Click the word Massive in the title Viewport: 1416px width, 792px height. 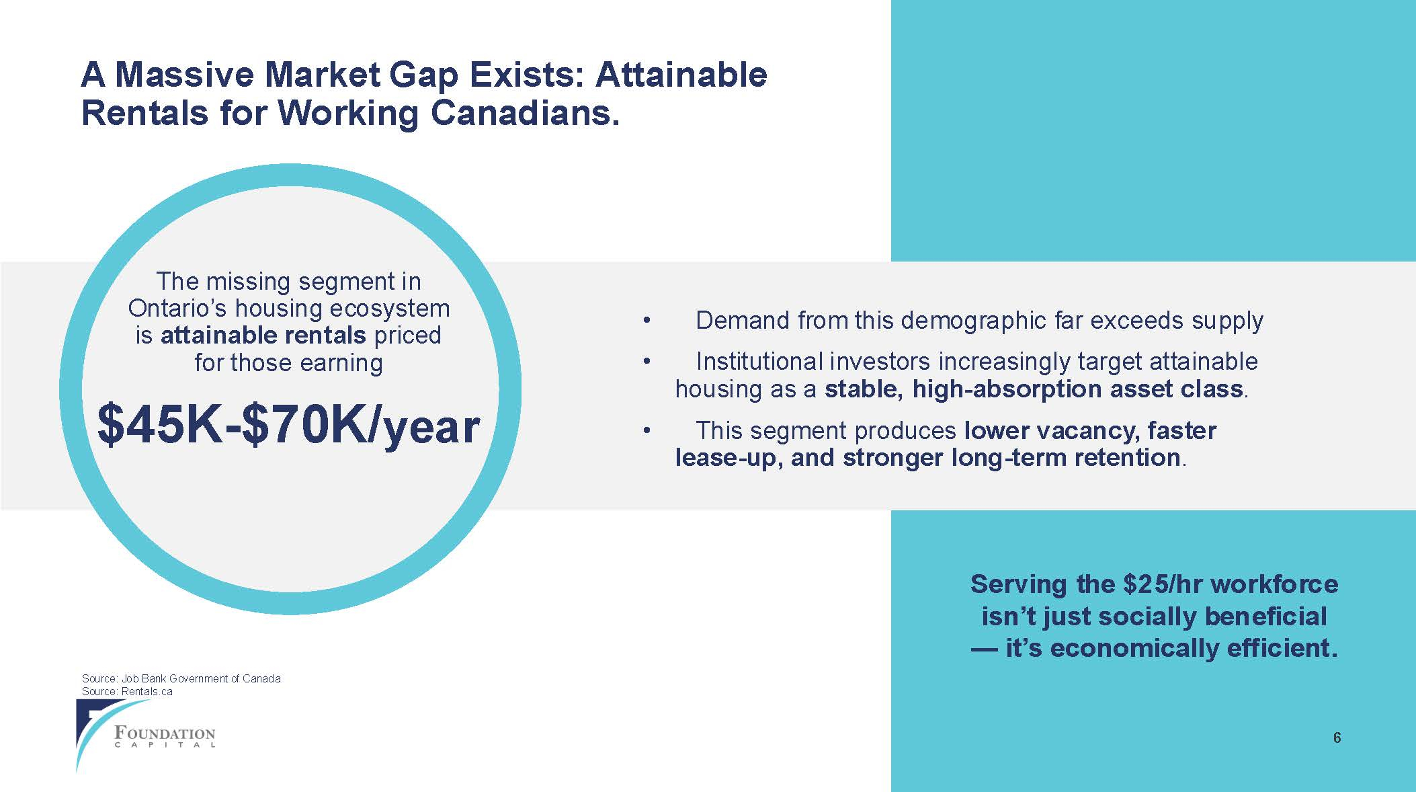pos(190,75)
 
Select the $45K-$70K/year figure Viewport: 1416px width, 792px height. pos(289,425)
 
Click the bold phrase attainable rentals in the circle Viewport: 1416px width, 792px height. pos(263,335)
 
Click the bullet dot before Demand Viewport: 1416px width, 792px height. pos(647,321)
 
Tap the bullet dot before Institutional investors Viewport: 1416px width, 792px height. pos(647,362)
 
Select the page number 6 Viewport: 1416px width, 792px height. pos(1337,738)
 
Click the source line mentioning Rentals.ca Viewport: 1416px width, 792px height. pos(127,691)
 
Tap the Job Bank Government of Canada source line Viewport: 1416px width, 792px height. pos(181,678)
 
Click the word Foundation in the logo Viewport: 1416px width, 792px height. pos(165,732)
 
